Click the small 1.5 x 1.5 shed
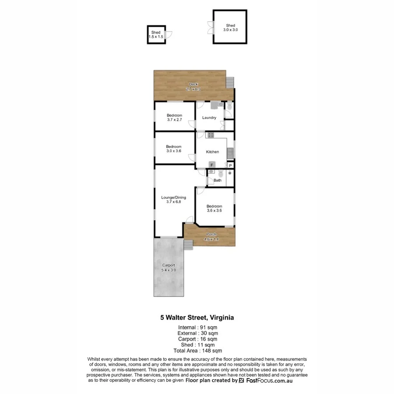(156, 35)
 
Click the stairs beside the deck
(230, 82)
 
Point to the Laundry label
(209, 118)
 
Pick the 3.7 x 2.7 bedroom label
(174, 117)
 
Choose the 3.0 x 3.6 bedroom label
(174, 149)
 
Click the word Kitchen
(213, 152)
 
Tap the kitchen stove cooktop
(210, 135)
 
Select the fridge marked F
(212, 165)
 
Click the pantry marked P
(230, 165)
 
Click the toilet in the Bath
(211, 172)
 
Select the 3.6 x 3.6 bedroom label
(215, 208)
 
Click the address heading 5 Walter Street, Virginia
(197, 317)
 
